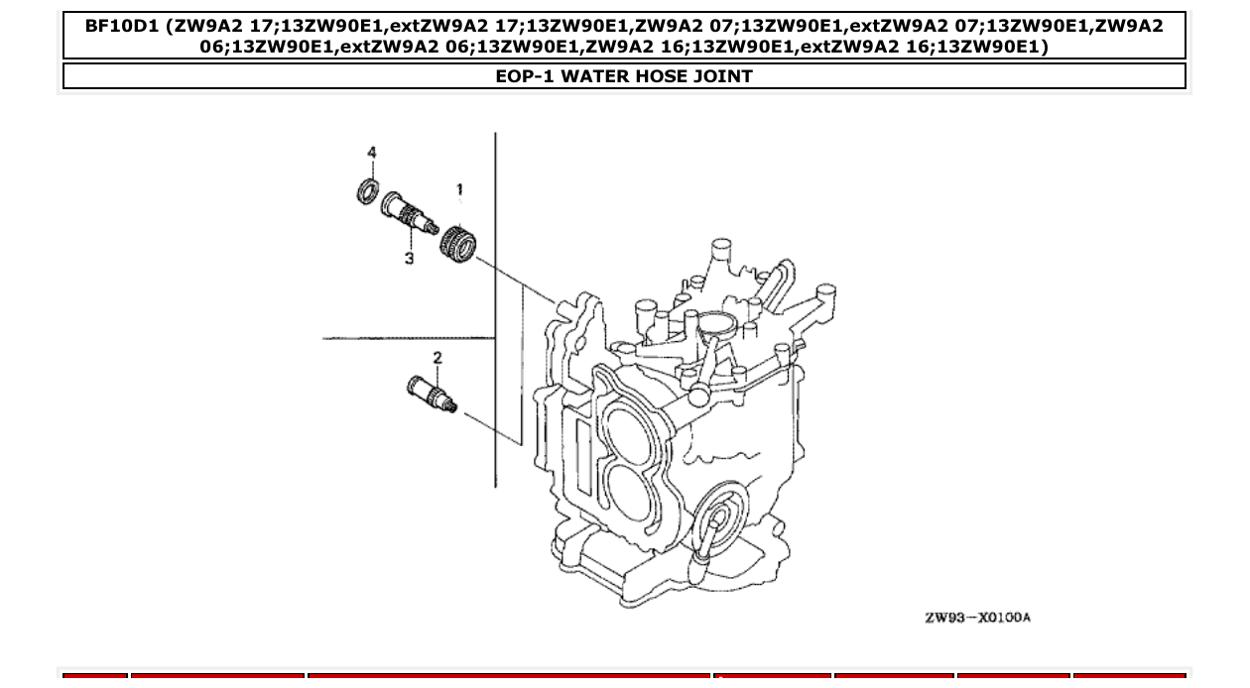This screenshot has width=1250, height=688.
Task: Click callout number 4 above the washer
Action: coord(372,153)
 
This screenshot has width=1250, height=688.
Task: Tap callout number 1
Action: coord(459,189)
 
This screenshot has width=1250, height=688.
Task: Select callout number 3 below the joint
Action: coord(409,258)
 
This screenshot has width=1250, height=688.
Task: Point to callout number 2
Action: coord(437,358)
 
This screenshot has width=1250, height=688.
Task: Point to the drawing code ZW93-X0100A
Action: coord(977,618)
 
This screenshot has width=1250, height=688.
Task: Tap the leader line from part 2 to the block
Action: coord(490,424)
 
